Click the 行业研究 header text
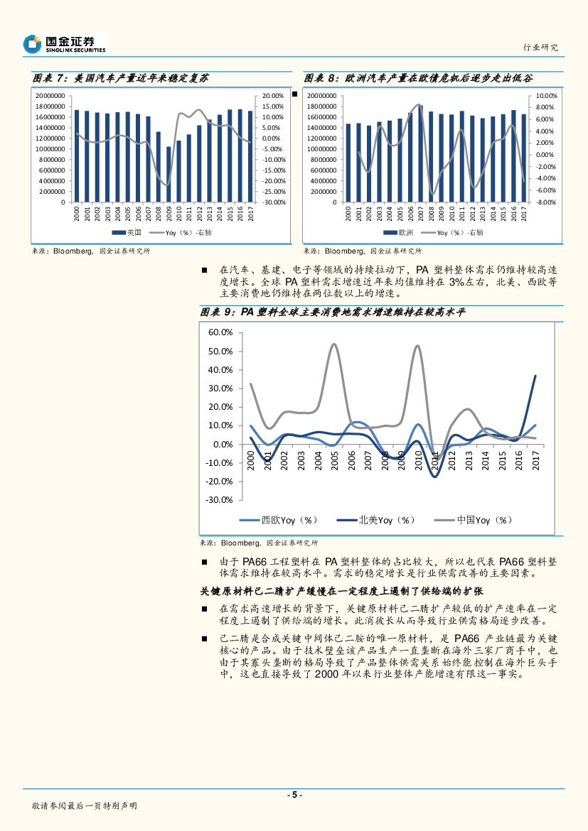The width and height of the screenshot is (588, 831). (x=540, y=47)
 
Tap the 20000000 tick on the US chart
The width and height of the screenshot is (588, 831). (x=50, y=96)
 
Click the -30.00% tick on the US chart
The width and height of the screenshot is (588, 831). (x=273, y=202)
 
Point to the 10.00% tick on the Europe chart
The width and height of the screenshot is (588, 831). (x=545, y=96)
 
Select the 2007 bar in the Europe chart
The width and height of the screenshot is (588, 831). (x=420, y=154)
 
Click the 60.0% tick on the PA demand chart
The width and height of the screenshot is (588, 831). (x=220, y=333)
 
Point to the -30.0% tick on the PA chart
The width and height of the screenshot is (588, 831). (x=219, y=500)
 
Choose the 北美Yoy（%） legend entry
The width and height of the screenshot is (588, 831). (x=386, y=520)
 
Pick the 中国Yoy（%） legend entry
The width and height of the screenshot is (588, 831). (x=483, y=520)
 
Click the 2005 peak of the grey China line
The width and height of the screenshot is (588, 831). (x=333, y=344)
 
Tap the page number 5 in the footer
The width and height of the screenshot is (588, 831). (x=294, y=795)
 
